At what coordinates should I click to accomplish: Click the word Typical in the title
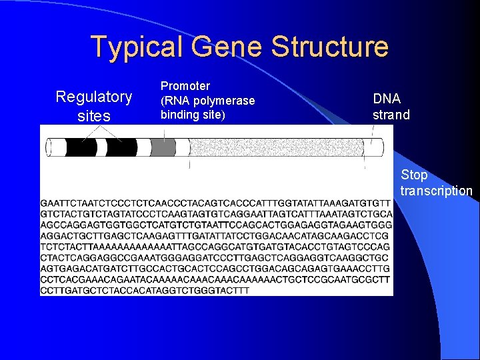click(x=137, y=47)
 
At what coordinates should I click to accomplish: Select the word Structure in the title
click(x=330, y=47)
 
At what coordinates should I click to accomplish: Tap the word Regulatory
click(x=94, y=97)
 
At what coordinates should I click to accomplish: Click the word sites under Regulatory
click(x=94, y=117)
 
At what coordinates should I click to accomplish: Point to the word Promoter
click(x=185, y=86)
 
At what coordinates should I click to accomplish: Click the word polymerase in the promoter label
click(x=224, y=100)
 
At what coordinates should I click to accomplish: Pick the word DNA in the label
click(x=387, y=99)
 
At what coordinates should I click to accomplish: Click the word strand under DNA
click(x=391, y=115)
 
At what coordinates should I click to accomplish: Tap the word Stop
click(x=414, y=175)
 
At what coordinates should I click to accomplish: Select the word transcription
click(x=436, y=191)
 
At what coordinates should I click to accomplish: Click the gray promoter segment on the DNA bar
click(x=163, y=147)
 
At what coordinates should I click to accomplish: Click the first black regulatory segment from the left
click(x=81, y=147)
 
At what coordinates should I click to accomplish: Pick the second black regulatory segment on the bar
click(x=122, y=147)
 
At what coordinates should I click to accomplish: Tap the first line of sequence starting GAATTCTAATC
click(x=216, y=203)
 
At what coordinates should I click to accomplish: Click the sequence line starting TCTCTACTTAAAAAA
click(x=215, y=247)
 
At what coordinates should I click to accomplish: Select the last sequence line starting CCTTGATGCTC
click(x=145, y=291)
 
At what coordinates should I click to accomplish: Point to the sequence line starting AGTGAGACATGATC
click(x=216, y=269)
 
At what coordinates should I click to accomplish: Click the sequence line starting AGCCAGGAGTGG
click(x=216, y=225)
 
